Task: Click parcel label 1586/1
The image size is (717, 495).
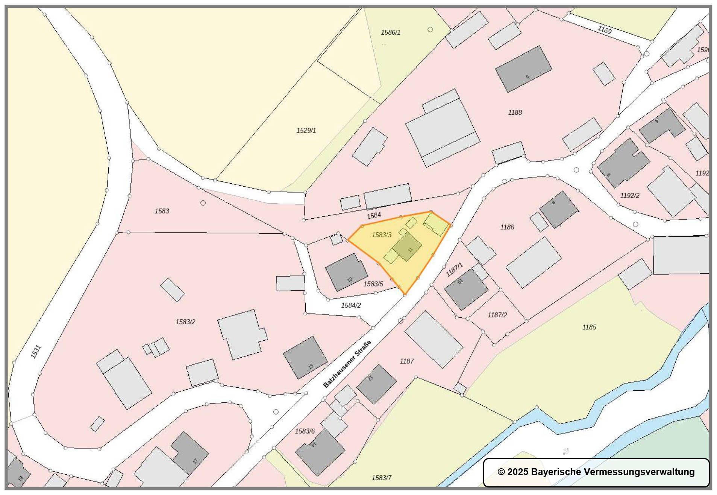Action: (x=390, y=32)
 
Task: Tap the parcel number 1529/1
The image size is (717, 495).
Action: (x=306, y=131)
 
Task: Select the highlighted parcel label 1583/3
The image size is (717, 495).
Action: (x=381, y=235)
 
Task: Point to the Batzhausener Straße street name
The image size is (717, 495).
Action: (x=347, y=364)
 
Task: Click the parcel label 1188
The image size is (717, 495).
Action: (x=515, y=113)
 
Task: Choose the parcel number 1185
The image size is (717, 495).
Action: (x=589, y=327)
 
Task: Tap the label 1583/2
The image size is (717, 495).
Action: (x=185, y=322)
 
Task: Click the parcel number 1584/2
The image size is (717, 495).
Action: (x=350, y=305)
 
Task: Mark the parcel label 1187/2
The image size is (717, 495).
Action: (x=497, y=315)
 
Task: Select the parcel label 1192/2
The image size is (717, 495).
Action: (x=629, y=196)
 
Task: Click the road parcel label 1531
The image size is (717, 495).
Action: (x=35, y=352)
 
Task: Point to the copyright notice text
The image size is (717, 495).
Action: (x=596, y=472)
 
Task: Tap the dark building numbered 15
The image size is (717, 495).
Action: (x=305, y=358)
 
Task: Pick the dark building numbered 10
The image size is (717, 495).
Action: (x=466, y=289)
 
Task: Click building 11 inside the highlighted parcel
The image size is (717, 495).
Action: (x=407, y=247)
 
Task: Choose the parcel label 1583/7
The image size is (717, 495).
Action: (x=381, y=478)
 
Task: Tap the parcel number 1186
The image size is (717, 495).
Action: (x=507, y=227)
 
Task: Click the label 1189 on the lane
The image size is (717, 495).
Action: (x=605, y=30)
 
